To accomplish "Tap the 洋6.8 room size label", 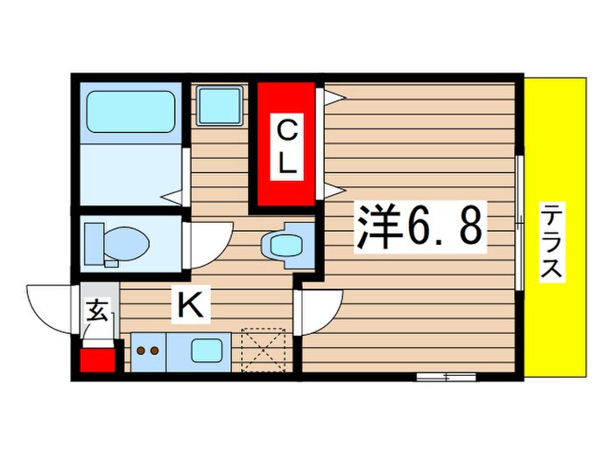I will [419, 228].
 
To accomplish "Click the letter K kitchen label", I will [192, 305].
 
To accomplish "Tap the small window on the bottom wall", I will [445, 377].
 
